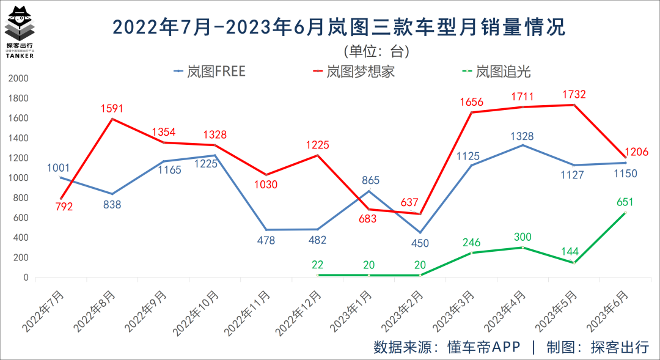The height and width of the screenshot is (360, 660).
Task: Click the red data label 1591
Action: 112,109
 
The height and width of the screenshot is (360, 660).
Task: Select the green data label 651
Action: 625,202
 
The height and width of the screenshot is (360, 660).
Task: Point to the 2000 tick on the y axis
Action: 18,79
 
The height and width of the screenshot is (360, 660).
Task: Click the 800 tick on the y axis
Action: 20,198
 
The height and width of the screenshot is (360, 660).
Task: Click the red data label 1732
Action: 575,94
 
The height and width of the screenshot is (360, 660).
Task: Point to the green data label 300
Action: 522,237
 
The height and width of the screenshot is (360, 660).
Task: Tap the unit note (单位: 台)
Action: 376,51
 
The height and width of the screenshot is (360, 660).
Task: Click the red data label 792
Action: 63,207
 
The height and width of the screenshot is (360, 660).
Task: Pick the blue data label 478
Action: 265,240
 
